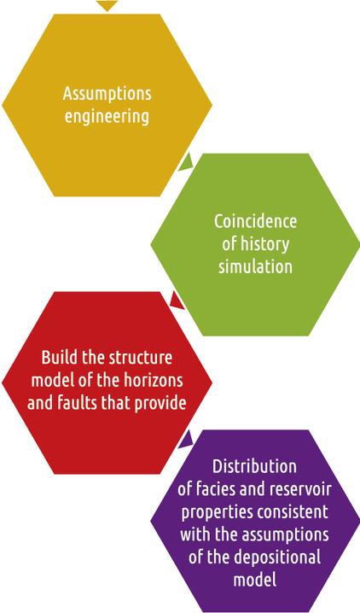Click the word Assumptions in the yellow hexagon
coord(107,94)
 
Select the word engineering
coord(107,116)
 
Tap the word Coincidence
coord(255,221)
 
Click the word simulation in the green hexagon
coord(255,266)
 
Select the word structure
coord(140,358)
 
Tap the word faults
coord(78,403)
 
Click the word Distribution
coord(254,466)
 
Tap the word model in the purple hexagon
coord(255,579)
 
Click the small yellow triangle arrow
coord(107,5)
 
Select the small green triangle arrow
coord(187,162)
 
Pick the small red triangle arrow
coord(178,301)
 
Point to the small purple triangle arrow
coord(187,440)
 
